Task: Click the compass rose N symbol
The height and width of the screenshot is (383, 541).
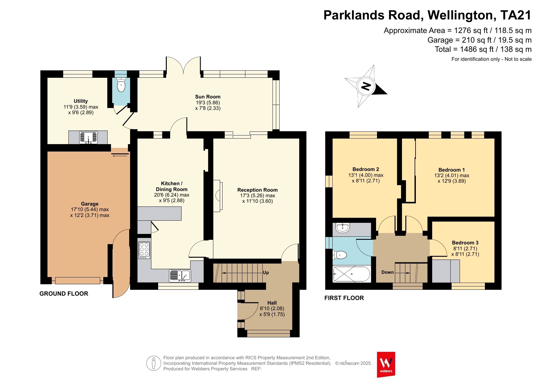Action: tap(366, 86)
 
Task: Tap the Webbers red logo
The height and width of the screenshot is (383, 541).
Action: tap(386, 364)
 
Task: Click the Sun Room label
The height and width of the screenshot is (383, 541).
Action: tap(208, 97)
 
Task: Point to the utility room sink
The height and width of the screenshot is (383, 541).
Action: tap(88, 138)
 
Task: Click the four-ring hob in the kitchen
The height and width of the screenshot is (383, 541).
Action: tap(144, 250)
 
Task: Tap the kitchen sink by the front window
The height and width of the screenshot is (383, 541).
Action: tap(180, 276)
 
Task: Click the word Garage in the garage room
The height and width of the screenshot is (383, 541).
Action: tap(90, 204)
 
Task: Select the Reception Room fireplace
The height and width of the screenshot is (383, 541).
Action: tap(218, 196)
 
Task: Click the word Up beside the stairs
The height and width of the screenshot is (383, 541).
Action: tap(266, 273)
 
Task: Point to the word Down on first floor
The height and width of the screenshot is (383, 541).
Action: tap(387, 272)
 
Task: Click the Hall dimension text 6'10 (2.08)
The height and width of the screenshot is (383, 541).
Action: tap(272, 308)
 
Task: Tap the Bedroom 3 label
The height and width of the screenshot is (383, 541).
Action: tap(465, 243)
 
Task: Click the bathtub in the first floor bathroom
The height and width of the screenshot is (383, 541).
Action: tap(351, 274)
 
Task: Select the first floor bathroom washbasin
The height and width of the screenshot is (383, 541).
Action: tap(343, 228)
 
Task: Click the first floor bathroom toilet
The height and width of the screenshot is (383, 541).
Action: tap(340, 255)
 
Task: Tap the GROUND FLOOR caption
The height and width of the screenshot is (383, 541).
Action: tap(64, 293)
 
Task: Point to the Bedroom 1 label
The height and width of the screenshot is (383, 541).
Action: tap(452, 170)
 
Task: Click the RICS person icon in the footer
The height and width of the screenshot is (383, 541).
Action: tap(154, 363)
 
